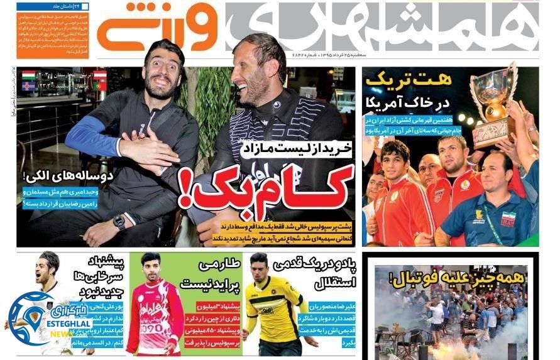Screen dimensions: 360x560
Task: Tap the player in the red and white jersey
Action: click(154, 308)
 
